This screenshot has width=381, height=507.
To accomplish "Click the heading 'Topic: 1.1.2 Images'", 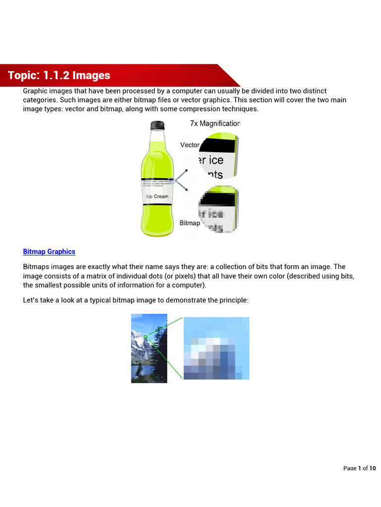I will (59, 76).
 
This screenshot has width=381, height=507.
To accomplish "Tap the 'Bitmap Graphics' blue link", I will (49, 252).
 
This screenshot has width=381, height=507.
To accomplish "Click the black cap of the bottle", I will (157, 126).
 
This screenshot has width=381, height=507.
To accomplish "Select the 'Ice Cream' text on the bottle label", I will (157, 197).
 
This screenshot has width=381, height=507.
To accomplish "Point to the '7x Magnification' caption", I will (215, 124).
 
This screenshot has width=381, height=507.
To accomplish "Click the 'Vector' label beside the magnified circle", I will (190, 145).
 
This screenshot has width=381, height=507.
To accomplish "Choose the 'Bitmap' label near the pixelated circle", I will (190, 223).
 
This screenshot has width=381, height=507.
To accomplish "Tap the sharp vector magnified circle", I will (219, 155).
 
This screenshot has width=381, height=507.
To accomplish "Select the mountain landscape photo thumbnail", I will (149, 348).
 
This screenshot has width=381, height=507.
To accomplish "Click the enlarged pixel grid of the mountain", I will (216, 348).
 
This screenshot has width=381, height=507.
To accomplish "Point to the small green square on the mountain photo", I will (145, 337).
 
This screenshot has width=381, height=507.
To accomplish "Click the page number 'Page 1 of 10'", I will (360, 468).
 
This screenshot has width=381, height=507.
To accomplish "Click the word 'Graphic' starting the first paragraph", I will (35, 91).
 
